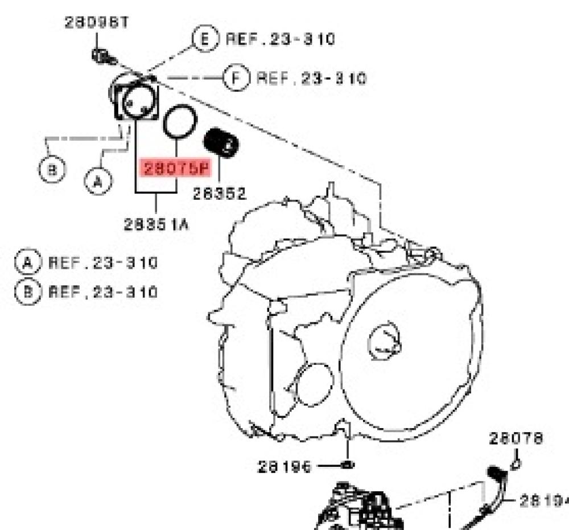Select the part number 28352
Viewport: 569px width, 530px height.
pyautogui.click(x=219, y=194)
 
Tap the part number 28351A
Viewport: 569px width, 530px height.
pyautogui.click(x=156, y=224)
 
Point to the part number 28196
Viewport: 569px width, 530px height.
pyautogui.click(x=284, y=467)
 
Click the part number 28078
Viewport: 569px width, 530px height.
pyautogui.click(x=516, y=438)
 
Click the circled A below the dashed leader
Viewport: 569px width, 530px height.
pyautogui.click(x=97, y=181)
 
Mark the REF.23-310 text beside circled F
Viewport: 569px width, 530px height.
pyautogui.click(x=311, y=77)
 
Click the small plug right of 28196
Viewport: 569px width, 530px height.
pyautogui.click(x=348, y=465)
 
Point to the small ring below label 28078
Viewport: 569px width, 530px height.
pyautogui.click(x=516, y=464)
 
